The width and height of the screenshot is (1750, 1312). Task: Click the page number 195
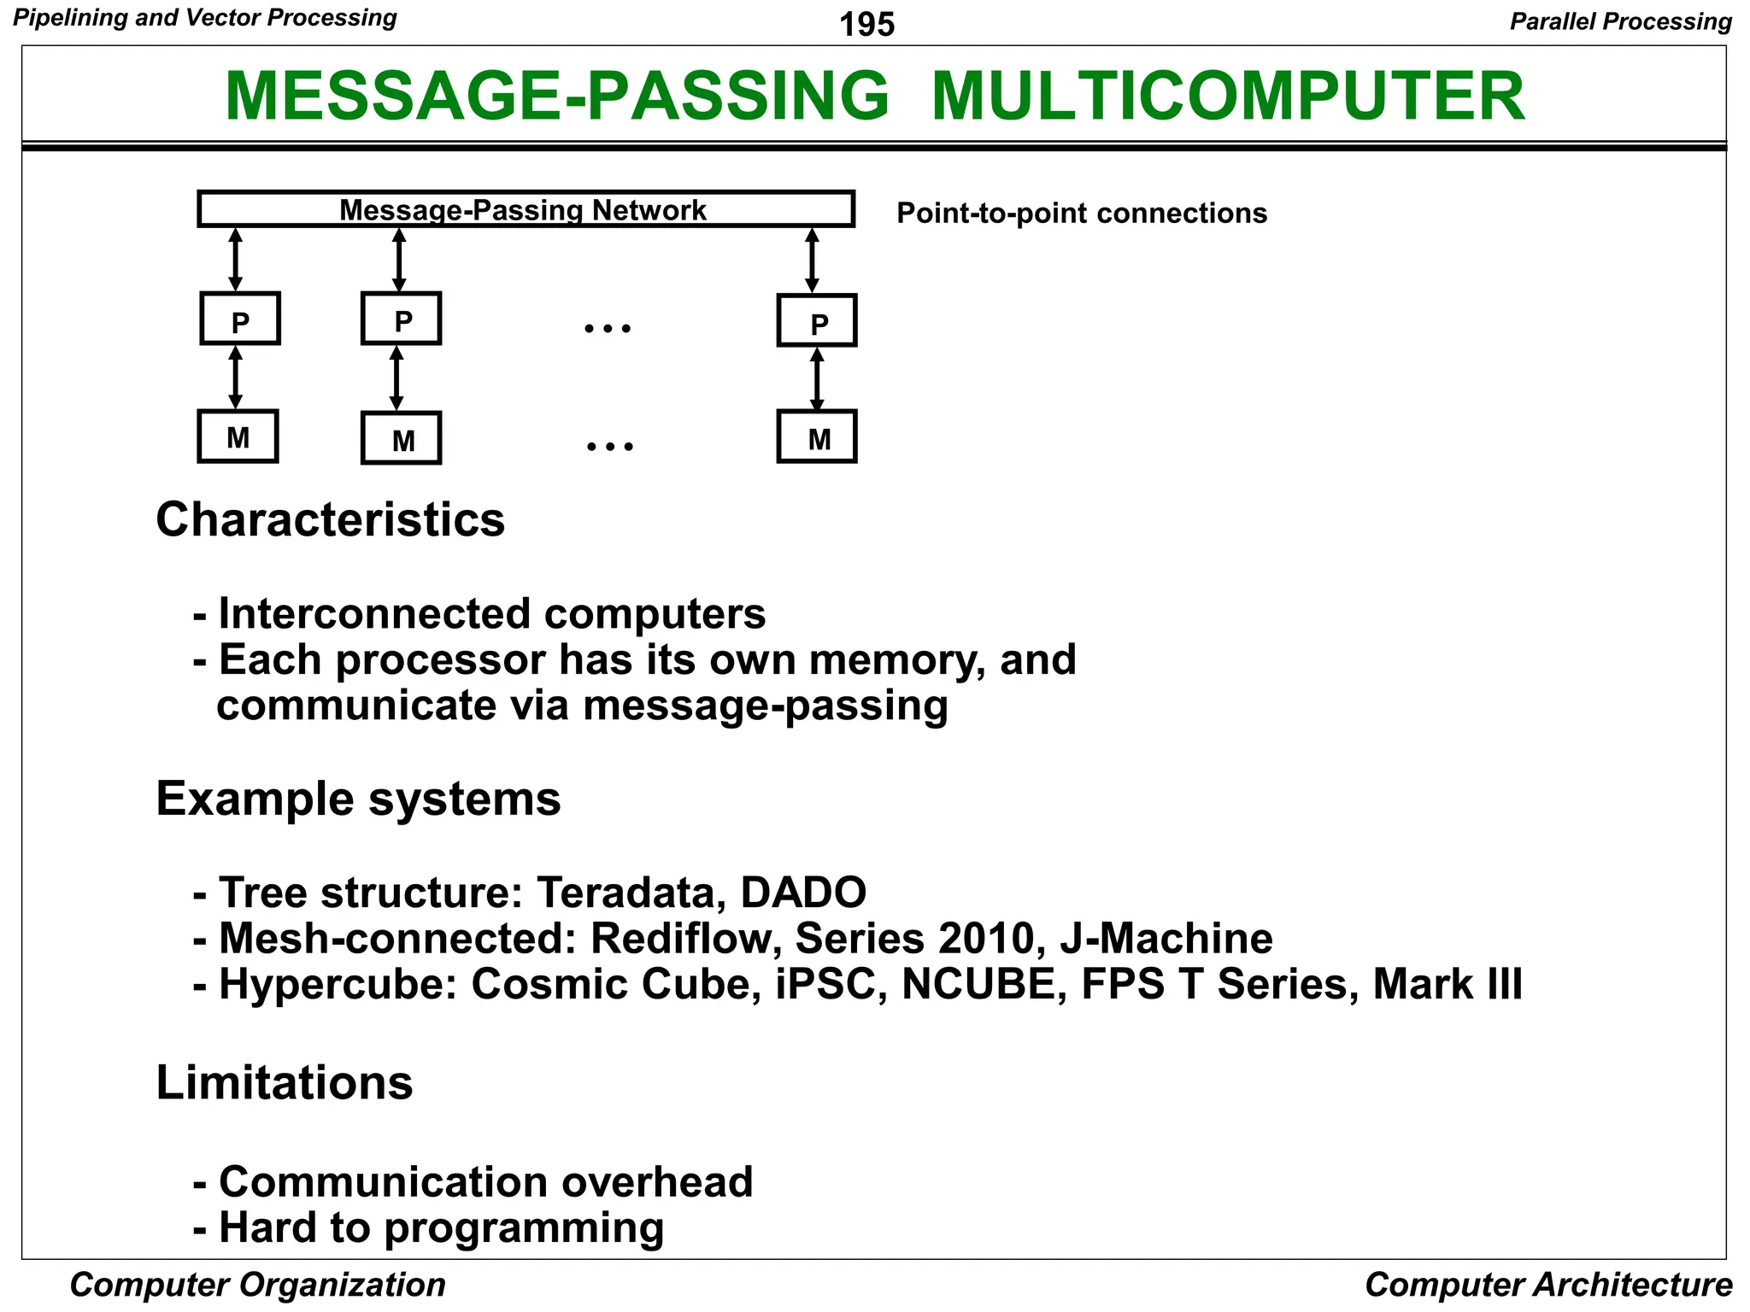[x=866, y=24]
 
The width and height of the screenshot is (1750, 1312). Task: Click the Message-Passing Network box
[x=525, y=209]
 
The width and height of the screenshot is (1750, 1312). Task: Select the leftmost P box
[x=240, y=319]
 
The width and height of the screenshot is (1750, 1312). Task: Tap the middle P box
[x=401, y=319]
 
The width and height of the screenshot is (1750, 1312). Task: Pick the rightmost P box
[x=817, y=321]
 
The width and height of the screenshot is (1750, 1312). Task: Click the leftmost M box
[x=238, y=437]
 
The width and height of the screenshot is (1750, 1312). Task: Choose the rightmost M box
[x=817, y=437]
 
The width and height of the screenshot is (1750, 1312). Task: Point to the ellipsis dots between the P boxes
[x=608, y=328]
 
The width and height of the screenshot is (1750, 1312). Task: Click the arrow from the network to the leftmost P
[x=236, y=260]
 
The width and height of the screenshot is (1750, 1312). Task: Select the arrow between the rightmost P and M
[x=817, y=378]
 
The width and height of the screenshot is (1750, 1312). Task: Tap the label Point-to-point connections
[x=1081, y=213]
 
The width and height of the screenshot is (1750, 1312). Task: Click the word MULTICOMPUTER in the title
[x=1227, y=96]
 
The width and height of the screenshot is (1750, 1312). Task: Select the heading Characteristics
[x=330, y=519]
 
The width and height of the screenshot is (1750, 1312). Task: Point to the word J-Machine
[x=1166, y=938]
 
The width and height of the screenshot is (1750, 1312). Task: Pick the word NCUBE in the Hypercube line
[x=983, y=984]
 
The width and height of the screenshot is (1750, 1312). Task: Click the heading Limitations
[x=284, y=1082]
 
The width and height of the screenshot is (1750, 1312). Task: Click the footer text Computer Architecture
[x=1547, y=1285]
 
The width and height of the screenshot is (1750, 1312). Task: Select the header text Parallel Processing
[x=1620, y=21]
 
